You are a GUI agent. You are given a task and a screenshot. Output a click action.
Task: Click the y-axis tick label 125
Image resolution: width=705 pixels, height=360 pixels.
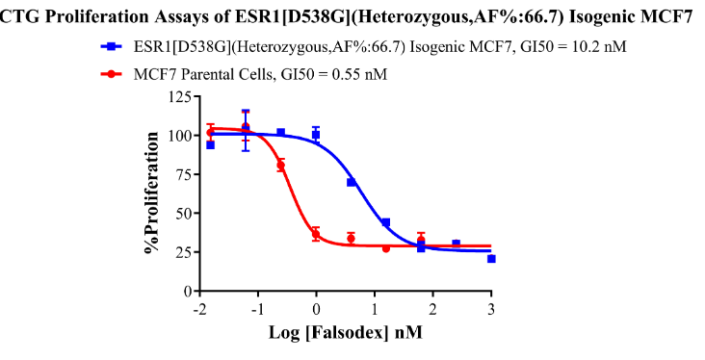coord(181,96)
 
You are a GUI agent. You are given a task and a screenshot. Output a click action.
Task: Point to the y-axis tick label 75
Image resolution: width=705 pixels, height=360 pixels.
coord(185,174)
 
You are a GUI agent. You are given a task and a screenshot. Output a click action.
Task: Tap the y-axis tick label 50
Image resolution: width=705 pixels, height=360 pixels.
coord(185,213)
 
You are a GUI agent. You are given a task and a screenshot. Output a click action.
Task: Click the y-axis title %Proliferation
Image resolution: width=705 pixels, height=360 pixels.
coord(152,193)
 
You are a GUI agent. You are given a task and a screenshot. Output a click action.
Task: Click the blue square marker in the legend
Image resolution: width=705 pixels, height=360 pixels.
coord(112,46)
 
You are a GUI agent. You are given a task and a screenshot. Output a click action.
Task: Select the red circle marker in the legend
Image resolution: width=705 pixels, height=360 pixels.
coord(112,74)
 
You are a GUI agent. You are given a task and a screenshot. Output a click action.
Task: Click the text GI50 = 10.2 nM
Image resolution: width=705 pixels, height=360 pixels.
coord(573,46)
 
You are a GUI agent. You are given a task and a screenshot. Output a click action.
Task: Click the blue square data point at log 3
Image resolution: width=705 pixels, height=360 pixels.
coord(491,259)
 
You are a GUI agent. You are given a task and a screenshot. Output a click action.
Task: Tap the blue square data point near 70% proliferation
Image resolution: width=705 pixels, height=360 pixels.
coord(352,182)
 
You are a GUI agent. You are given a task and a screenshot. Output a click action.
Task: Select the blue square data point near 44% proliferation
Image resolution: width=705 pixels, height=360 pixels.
coord(386,222)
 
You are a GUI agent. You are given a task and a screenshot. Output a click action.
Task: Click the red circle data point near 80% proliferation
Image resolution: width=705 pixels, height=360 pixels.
coord(281,166)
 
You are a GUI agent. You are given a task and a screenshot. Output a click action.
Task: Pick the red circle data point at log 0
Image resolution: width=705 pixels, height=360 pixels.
coord(316,234)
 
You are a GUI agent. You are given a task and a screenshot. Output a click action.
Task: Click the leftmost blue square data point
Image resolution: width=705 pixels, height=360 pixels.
coord(210,144)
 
